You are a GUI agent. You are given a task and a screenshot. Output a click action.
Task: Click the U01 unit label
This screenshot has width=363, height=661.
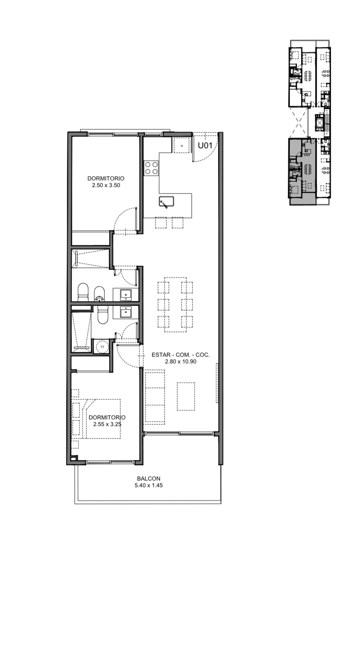(x=205, y=145)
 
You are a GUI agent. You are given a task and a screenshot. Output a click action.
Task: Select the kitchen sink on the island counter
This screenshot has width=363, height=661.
(x=166, y=202)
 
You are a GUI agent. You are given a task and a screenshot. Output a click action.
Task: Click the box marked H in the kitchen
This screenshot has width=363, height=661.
(x=182, y=145)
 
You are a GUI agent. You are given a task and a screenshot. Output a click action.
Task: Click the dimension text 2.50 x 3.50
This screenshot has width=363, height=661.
(x=106, y=185)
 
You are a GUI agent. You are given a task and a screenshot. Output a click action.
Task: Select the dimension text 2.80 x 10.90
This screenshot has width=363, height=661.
(x=181, y=362)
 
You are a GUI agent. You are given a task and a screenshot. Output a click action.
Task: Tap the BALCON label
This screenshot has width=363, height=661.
(x=148, y=479)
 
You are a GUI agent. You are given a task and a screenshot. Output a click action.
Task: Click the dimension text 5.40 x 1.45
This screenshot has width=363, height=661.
(x=148, y=485)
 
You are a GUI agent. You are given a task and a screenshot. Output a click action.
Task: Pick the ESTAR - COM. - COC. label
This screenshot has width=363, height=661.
(x=181, y=355)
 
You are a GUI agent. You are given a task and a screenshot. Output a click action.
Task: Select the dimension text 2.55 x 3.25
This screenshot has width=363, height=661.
(x=107, y=424)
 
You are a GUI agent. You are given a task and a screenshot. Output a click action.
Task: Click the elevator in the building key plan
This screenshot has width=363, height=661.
(x=320, y=123)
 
